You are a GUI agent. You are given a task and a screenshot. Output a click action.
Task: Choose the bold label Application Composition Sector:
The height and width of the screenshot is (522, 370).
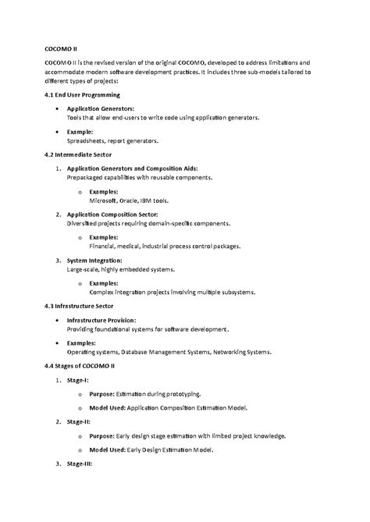[x=112, y=214]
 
